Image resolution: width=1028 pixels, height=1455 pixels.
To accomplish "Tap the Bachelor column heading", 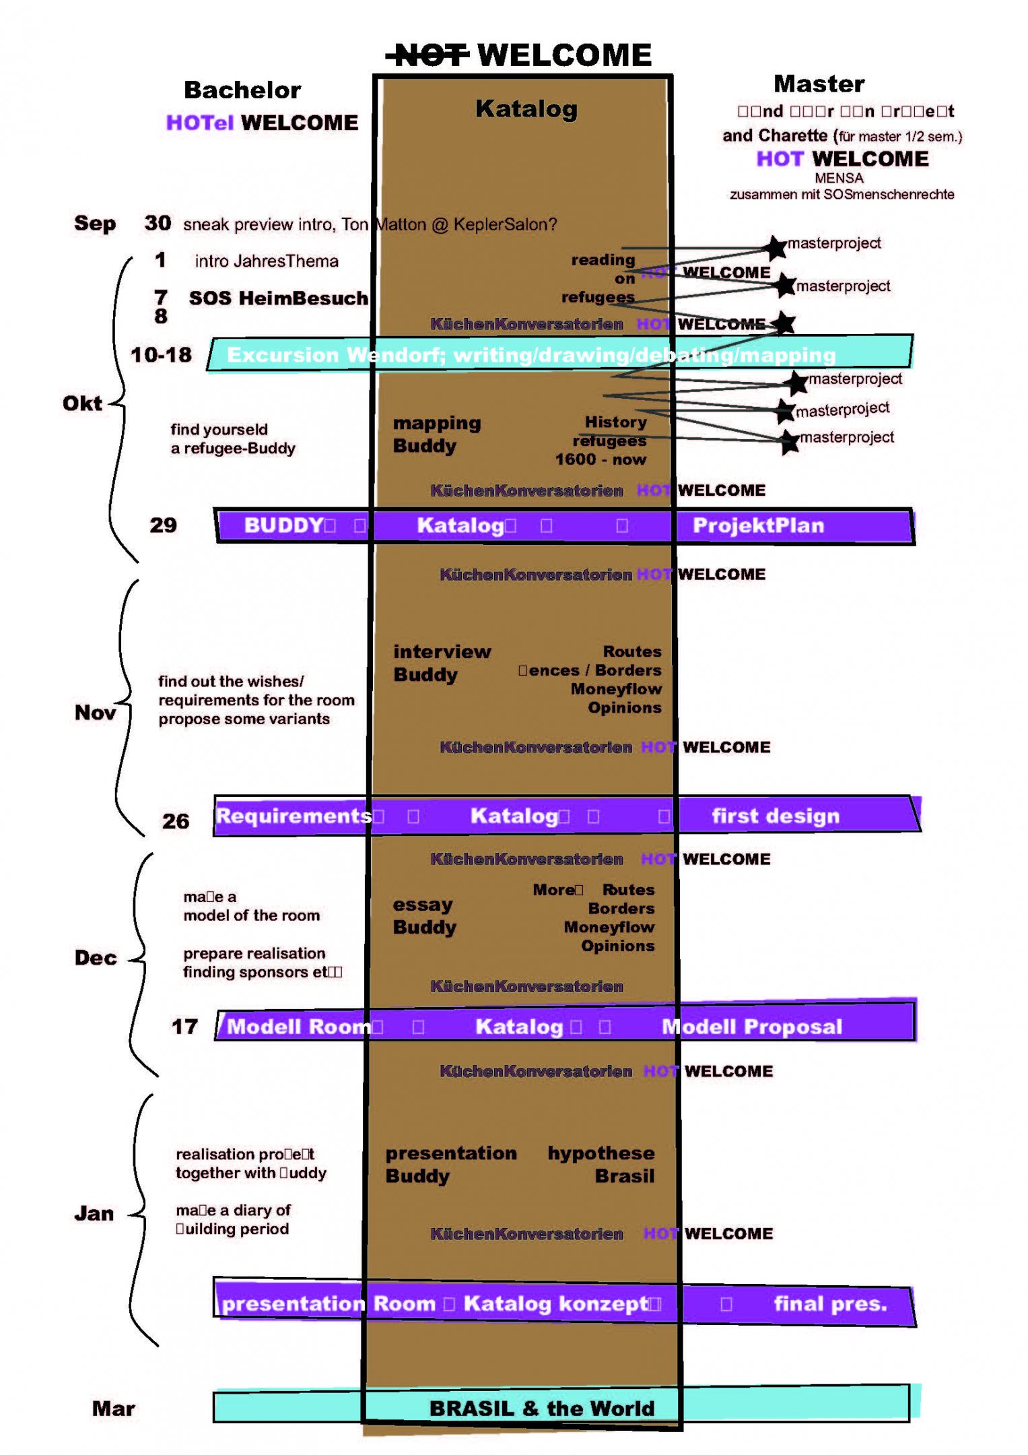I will [242, 90].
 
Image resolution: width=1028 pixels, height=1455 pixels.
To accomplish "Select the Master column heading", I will [819, 84].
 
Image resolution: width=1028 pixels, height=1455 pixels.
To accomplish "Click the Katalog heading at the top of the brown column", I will [526, 109].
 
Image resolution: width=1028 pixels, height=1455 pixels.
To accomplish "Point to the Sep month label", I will [95, 224].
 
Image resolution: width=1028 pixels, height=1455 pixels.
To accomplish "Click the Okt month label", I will [82, 403].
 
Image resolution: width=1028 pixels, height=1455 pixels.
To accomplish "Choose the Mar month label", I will [113, 1409].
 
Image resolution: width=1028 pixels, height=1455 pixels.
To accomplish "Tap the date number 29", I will [163, 525].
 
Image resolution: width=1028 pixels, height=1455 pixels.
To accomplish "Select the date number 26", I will [176, 821].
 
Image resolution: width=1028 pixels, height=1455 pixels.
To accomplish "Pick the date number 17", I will [184, 1027].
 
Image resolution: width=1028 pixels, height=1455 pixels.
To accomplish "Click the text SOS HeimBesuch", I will [278, 298].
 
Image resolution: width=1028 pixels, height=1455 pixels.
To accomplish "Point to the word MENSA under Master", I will [838, 179].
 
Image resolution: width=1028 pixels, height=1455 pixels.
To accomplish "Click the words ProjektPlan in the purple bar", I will [758, 525].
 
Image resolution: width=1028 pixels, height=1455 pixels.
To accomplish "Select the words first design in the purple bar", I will [776, 816].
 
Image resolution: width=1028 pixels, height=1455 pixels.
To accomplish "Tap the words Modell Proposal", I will [752, 1027].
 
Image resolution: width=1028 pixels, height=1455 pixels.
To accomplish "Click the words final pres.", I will [830, 1304].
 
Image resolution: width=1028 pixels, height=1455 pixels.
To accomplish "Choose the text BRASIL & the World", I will [541, 1409].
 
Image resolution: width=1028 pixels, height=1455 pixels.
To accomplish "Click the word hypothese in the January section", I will [601, 1153].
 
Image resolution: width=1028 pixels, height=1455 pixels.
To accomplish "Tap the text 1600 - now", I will [600, 460].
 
